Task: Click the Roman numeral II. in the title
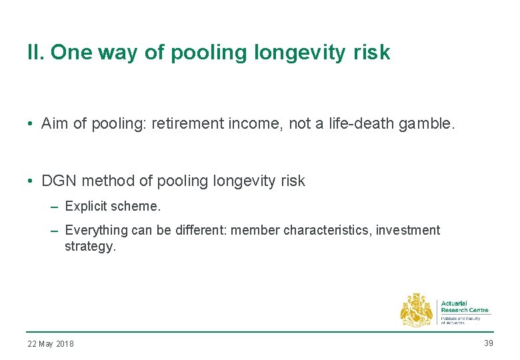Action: [35, 53]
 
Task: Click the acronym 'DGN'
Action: [58, 181]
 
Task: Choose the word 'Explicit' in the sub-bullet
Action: [85, 207]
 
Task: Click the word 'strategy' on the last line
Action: [89, 246]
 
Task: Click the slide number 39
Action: [489, 343]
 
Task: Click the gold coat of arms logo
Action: [416, 311]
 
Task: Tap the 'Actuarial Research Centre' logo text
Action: [465, 307]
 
